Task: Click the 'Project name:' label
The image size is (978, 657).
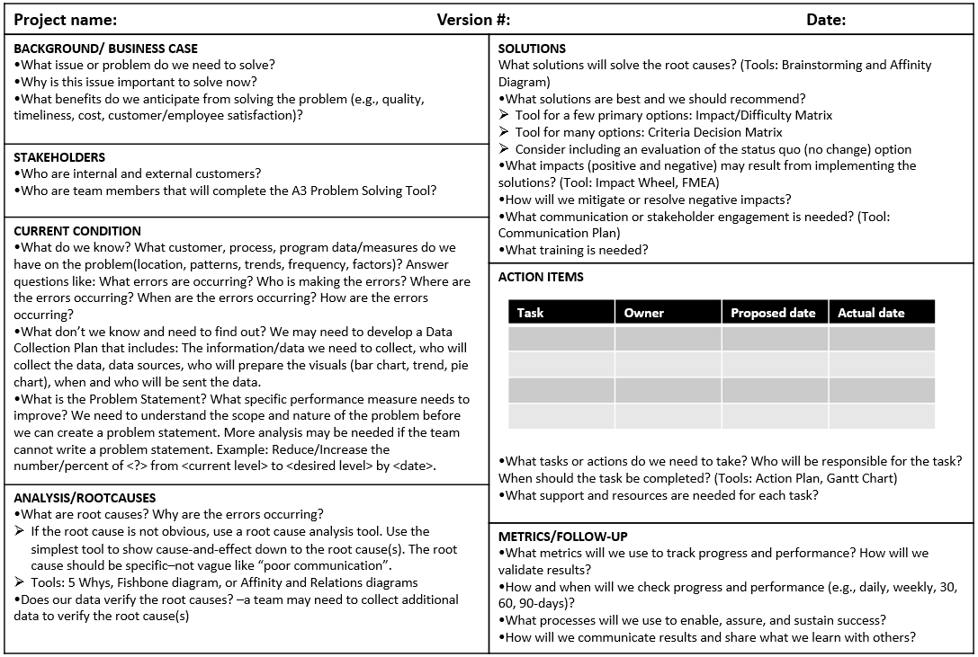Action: pyautogui.click(x=66, y=20)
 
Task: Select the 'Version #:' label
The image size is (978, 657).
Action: pyautogui.click(x=473, y=20)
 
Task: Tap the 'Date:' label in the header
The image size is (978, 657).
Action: pyautogui.click(x=826, y=20)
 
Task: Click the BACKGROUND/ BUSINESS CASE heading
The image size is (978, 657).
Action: pyautogui.click(x=105, y=49)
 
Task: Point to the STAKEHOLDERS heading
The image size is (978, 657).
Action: pyautogui.click(x=59, y=157)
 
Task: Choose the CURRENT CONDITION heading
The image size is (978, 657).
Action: pyautogui.click(x=77, y=231)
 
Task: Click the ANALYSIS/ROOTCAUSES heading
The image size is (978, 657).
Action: pyautogui.click(x=85, y=498)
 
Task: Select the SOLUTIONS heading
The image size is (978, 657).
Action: pyautogui.click(x=532, y=49)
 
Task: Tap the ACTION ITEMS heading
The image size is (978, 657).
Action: pyautogui.click(x=541, y=277)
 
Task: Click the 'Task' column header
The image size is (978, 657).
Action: pyautogui.click(x=531, y=313)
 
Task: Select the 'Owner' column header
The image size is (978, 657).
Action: pyautogui.click(x=644, y=313)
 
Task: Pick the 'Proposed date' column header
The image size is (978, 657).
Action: pyautogui.click(x=773, y=313)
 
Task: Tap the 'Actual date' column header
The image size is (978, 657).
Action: pyautogui.click(x=871, y=313)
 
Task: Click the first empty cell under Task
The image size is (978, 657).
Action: pyautogui.click(x=561, y=339)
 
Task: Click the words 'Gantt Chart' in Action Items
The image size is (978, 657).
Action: pyautogui.click(x=862, y=478)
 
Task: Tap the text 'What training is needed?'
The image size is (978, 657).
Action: pyautogui.click(x=577, y=250)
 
